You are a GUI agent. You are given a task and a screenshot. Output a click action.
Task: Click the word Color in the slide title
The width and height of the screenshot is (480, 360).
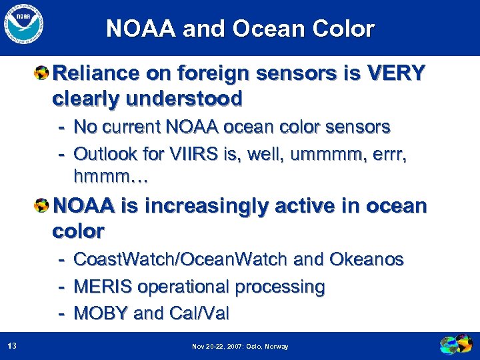(x=345, y=29)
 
